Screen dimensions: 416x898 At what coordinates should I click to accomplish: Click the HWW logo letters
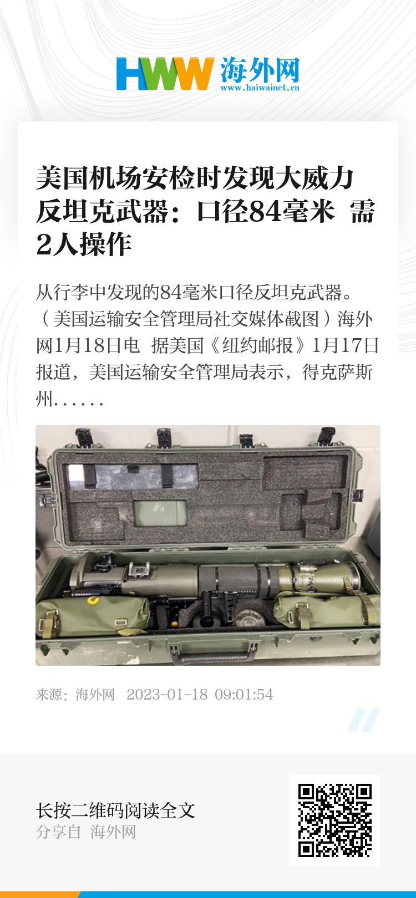(x=164, y=73)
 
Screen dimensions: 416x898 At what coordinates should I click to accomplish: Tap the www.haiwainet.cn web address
(x=260, y=88)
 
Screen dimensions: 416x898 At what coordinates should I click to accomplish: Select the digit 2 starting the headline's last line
(x=44, y=244)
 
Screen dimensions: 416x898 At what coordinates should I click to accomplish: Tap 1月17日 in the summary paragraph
(x=346, y=345)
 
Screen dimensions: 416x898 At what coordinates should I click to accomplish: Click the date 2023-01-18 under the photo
(x=167, y=695)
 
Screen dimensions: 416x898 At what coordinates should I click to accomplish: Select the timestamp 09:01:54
(x=244, y=695)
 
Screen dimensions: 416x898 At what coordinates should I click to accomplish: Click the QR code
(x=335, y=820)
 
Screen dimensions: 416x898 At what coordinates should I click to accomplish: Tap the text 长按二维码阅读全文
(x=115, y=810)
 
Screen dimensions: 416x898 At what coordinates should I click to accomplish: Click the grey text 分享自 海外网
(x=86, y=832)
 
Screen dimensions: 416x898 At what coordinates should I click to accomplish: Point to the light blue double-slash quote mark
(x=363, y=720)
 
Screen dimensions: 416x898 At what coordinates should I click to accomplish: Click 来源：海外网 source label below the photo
(x=75, y=695)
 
